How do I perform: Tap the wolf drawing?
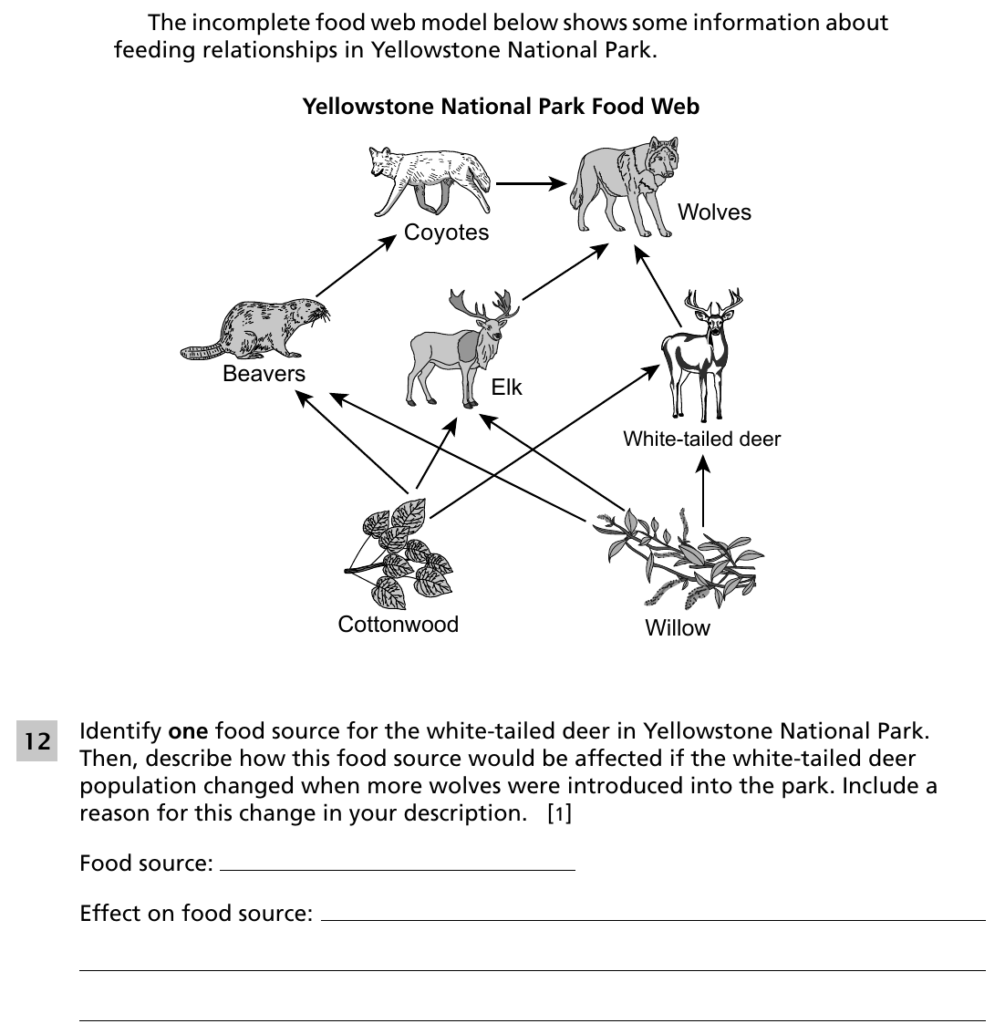(625, 187)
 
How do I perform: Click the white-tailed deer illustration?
(701, 354)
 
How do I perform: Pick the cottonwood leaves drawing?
(399, 554)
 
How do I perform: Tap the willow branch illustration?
(679, 558)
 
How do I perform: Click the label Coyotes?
(447, 233)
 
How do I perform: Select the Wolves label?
(714, 212)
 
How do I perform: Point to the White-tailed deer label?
(701, 439)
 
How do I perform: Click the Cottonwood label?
(398, 624)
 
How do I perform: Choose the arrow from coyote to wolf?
(531, 183)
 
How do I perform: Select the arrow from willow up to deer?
(703, 491)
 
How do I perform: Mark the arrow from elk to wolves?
(565, 272)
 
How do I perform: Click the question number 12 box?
(36, 740)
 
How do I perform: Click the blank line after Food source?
(398, 870)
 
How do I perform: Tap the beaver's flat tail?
(202, 352)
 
